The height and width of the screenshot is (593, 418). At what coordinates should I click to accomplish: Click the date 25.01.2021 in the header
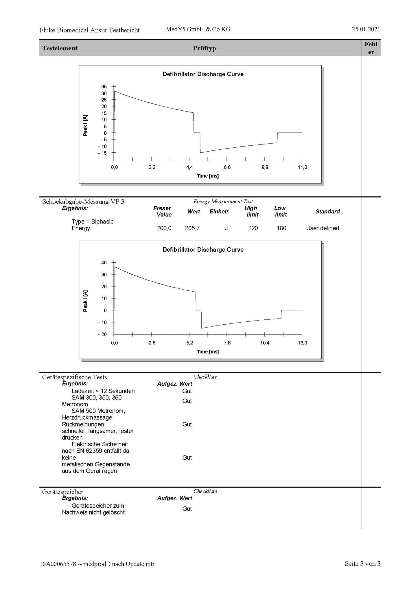click(x=366, y=29)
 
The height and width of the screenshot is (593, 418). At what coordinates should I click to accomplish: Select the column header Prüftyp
click(x=205, y=48)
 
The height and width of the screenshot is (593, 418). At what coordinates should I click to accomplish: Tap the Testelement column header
click(x=60, y=48)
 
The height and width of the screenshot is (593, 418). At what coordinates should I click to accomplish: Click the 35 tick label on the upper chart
click(x=104, y=87)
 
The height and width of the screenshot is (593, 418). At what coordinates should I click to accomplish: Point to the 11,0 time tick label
click(x=303, y=167)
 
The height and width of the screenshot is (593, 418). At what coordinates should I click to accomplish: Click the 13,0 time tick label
click(x=303, y=343)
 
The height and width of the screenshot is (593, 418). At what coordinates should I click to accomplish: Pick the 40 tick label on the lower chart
click(x=104, y=263)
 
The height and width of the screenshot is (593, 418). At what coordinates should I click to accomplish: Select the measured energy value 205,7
click(x=192, y=228)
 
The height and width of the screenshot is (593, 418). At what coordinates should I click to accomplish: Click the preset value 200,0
click(x=164, y=228)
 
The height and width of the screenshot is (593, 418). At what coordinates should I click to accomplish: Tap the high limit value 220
click(x=253, y=228)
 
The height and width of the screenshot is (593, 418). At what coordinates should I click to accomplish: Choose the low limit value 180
click(x=281, y=228)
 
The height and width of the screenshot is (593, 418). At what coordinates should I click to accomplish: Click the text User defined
click(x=323, y=228)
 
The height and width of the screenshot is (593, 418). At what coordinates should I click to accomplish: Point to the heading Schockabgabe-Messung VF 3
click(x=83, y=202)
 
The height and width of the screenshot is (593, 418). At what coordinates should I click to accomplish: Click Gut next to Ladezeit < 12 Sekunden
click(x=187, y=391)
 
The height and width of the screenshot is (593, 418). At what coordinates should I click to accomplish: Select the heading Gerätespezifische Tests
click(x=75, y=377)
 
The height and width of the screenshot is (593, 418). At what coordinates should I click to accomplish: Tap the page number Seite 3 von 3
click(x=362, y=563)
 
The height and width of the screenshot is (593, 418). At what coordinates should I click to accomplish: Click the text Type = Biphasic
click(x=93, y=222)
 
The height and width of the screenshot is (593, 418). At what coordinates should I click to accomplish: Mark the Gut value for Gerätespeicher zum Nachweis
click(x=187, y=509)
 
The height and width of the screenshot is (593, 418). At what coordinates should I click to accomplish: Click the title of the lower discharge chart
click(x=203, y=250)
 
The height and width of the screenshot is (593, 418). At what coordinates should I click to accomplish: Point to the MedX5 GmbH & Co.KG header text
click(x=198, y=29)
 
